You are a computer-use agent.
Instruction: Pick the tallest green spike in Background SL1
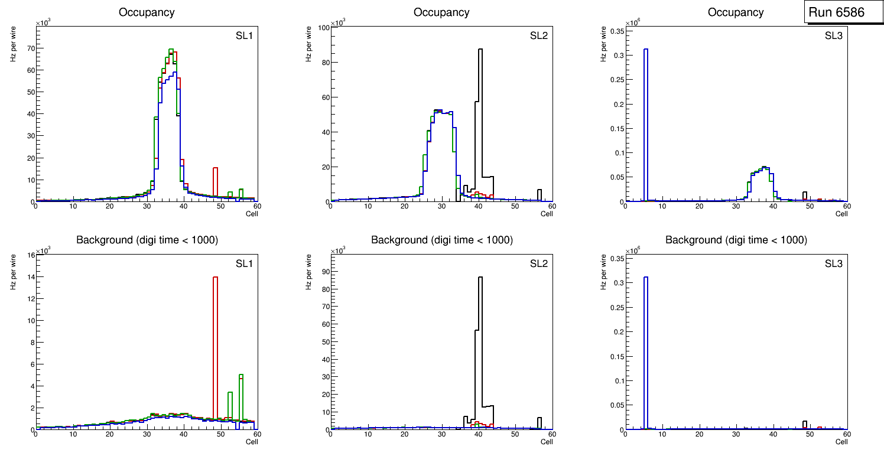[x=241, y=402]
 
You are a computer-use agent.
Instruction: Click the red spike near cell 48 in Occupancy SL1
[x=215, y=183]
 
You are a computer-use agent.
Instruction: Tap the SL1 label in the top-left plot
[x=244, y=37]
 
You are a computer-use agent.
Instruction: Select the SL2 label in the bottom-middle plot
[x=539, y=263]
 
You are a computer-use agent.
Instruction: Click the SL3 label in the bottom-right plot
[x=833, y=263]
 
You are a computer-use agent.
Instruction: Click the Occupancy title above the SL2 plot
[x=441, y=12]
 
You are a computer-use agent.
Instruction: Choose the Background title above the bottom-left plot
[x=147, y=240]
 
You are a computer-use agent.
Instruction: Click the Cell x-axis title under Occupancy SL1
[x=252, y=214]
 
